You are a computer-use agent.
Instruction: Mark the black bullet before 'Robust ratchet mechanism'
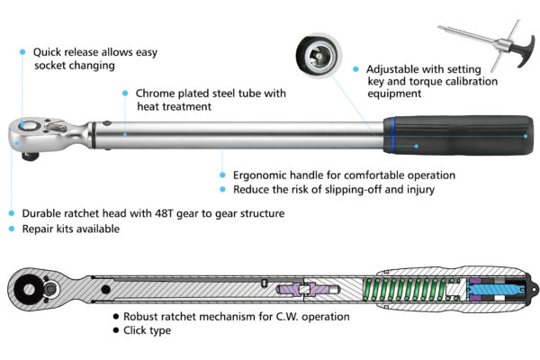pos(115,317)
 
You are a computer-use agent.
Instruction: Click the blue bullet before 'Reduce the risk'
pos(222,189)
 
